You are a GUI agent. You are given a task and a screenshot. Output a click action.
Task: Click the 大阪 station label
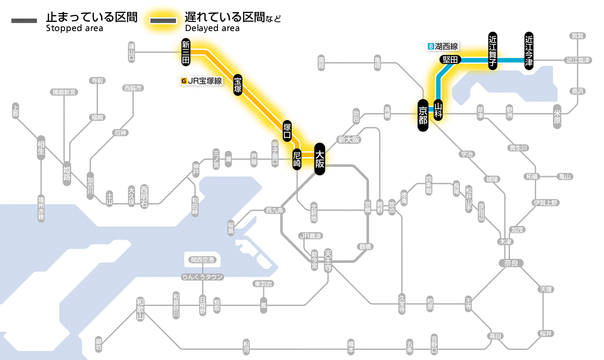[319, 159]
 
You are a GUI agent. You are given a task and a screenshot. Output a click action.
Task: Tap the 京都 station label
[423, 115]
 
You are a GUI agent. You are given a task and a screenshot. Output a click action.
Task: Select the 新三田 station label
[186, 52]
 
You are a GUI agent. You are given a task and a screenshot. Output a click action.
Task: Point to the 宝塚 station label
[238, 85]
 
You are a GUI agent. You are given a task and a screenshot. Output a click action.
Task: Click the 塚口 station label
[287, 131]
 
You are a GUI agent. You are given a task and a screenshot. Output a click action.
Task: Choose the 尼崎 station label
[297, 159]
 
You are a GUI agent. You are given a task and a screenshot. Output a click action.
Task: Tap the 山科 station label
[438, 110]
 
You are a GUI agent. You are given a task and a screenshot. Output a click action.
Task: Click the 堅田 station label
[450, 60]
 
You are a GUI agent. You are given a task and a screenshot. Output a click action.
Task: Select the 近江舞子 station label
[493, 51]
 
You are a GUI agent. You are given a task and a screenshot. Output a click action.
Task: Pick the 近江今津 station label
[529, 51]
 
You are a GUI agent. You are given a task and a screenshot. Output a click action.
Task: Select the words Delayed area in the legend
[212, 28]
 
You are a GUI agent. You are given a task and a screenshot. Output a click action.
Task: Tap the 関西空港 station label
[202, 260]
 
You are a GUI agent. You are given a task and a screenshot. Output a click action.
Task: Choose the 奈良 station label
[511, 262]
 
